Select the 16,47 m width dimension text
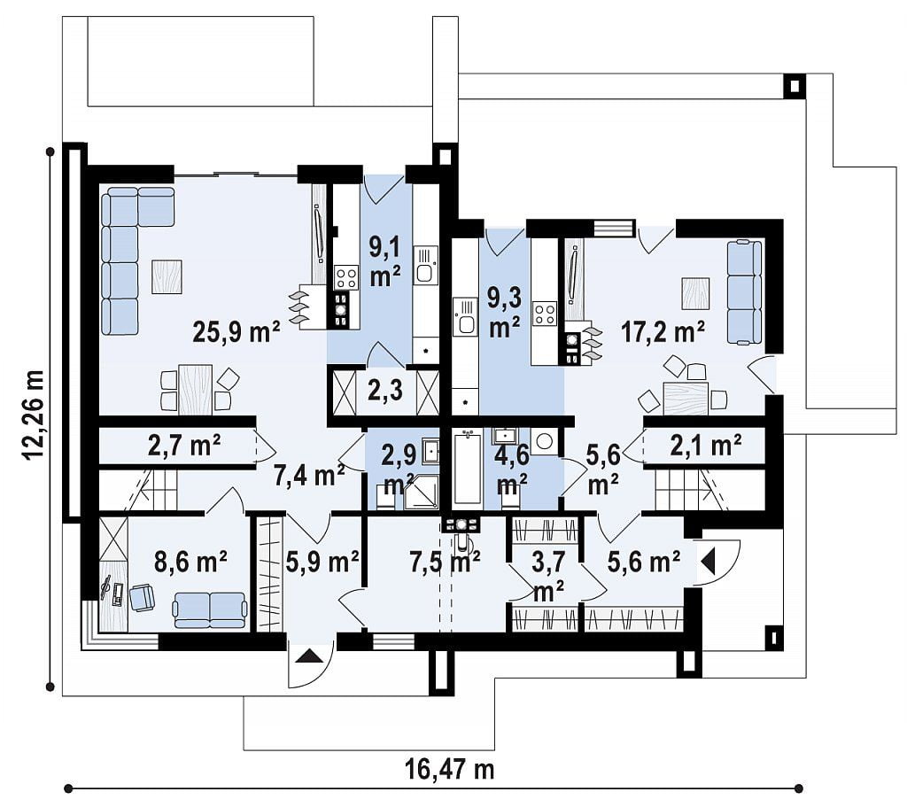pos(449,770)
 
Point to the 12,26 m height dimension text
pos(35,415)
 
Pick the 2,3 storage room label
pos(385,390)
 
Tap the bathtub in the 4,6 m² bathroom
pos(468,468)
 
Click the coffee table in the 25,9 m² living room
pos(167,276)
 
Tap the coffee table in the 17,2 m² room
pos(695,294)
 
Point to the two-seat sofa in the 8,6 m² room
pos(210,609)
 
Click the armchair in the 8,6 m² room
pos(143,597)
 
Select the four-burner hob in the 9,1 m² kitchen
pos(347,276)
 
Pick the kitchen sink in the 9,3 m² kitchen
pos(464,316)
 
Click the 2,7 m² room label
pos(184,446)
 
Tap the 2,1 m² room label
pos(706,446)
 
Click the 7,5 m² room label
pos(445,561)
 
